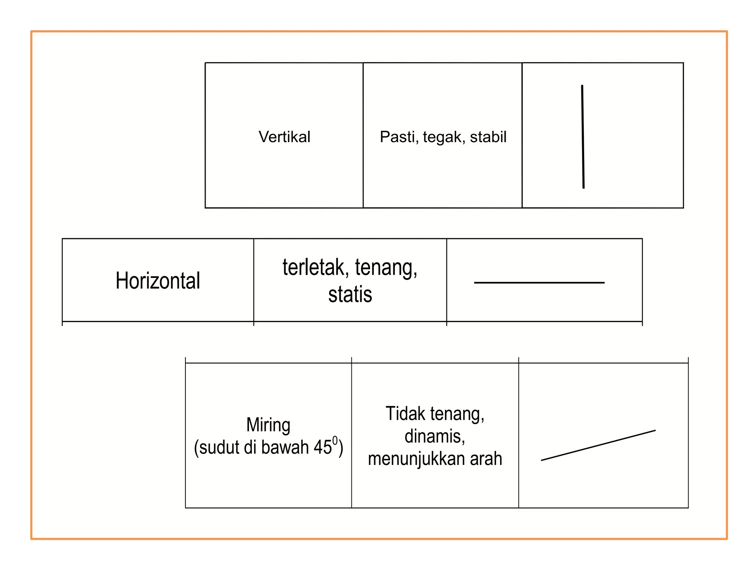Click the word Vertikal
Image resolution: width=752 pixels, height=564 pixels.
tap(285, 137)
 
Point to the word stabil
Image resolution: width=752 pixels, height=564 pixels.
tap(488, 137)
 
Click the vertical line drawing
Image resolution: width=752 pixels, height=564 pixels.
tap(583, 137)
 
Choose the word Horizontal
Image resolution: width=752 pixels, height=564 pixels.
tap(158, 281)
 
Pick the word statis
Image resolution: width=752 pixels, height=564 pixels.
tap(350, 295)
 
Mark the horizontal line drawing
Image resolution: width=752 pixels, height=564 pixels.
tap(539, 283)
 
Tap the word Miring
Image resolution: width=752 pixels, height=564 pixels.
tap(268, 426)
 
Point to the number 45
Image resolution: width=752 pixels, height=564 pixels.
tap(323, 448)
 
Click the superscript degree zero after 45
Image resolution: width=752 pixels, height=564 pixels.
tap(335, 441)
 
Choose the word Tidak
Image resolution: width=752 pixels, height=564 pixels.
tap(405, 414)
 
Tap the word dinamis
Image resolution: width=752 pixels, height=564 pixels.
tap(435, 437)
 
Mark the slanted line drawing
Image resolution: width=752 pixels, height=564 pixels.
tap(598, 445)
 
